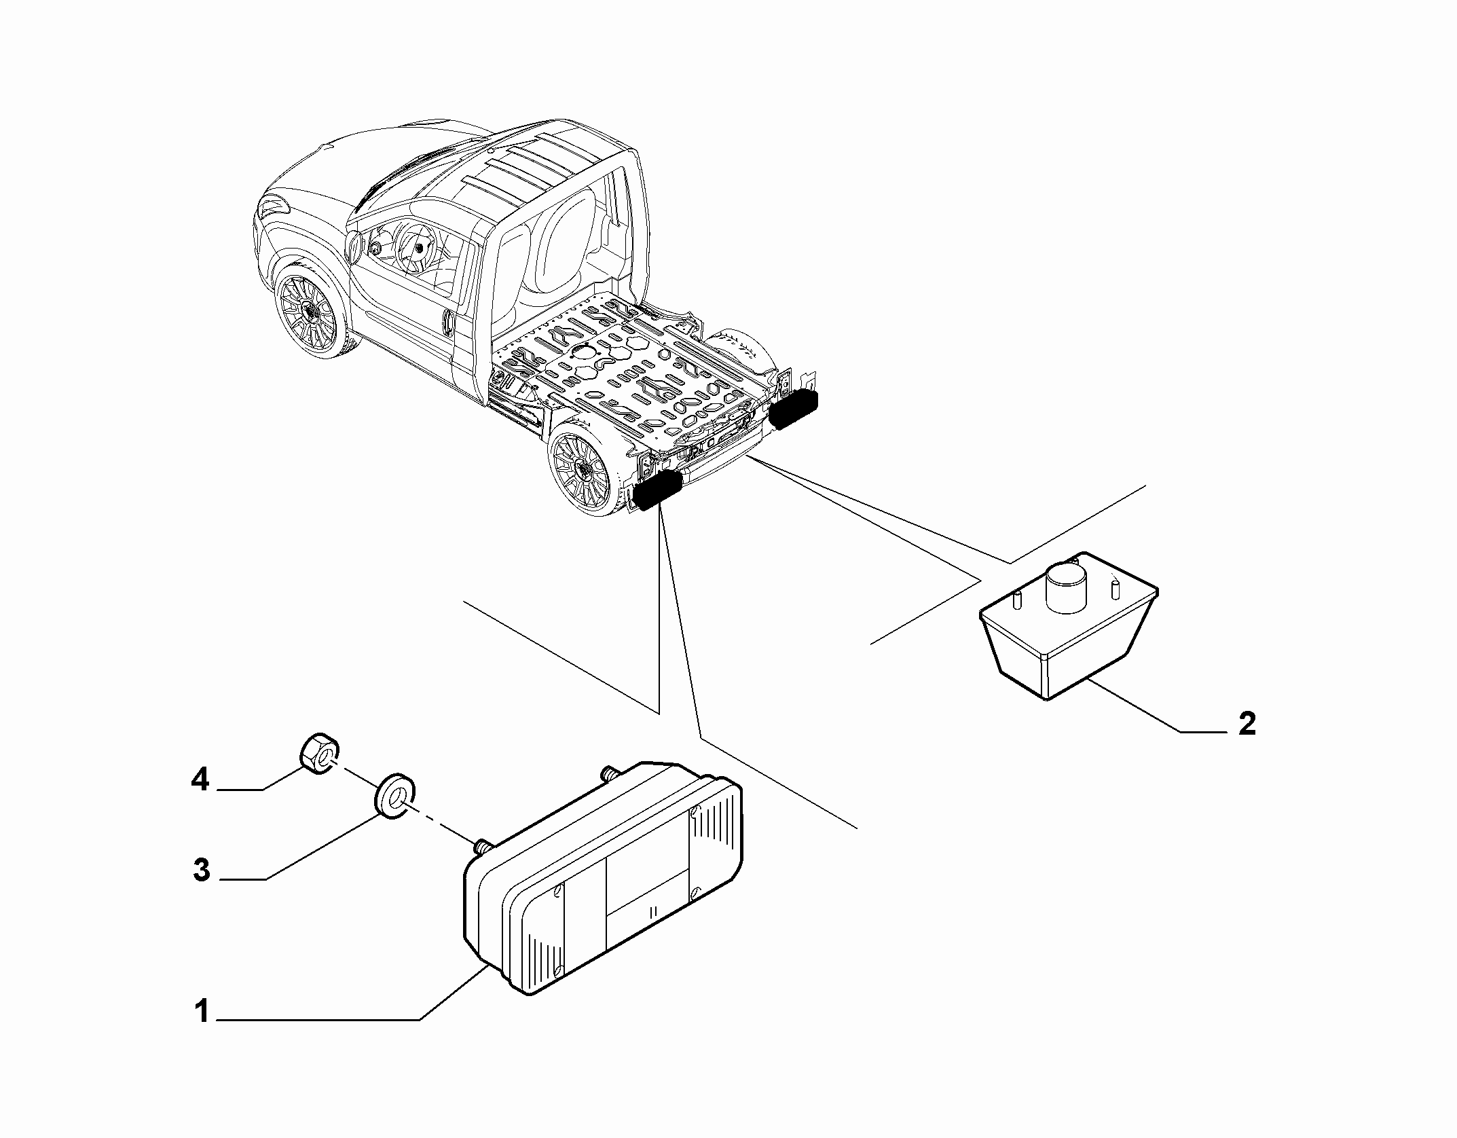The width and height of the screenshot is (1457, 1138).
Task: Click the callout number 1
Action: [x=202, y=1030]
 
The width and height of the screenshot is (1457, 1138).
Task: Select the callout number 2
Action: [x=1247, y=724]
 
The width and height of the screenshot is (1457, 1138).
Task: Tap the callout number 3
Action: [x=202, y=870]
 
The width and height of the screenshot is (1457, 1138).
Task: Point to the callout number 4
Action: [x=200, y=780]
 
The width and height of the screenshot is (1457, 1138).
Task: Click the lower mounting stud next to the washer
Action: [x=481, y=847]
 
